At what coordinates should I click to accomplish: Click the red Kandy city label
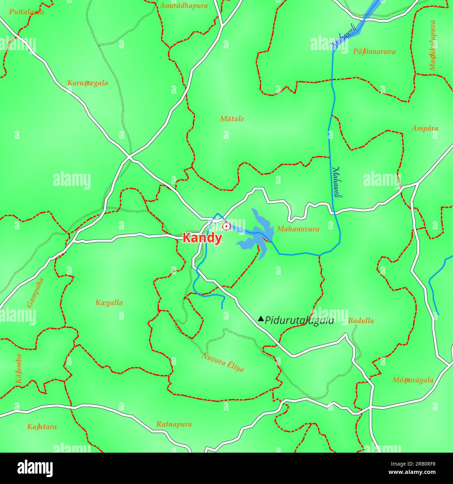pyautogui.click(x=202, y=238)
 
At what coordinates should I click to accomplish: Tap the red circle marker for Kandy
pyautogui.click(x=226, y=227)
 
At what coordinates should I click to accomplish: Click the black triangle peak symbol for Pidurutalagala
pyautogui.click(x=261, y=319)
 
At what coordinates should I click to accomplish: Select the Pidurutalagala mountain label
pyautogui.click(x=299, y=321)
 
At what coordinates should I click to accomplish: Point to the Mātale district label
pyautogui.click(x=232, y=119)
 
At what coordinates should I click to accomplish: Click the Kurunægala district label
pyautogui.click(x=87, y=83)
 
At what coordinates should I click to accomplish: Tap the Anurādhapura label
pyautogui.click(x=184, y=6)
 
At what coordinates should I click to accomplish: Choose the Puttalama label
pyautogui.click(x=26, y=12)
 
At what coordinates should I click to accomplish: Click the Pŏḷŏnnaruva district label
pyautogui.click(x=374, y=52)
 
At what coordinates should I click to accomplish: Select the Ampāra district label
pyautogui.click(x=425, y=128)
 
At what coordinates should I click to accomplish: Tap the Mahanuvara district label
pyautogui.click(x=298, y=229)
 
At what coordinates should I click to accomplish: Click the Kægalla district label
pyautogui.click(x=109, y=303)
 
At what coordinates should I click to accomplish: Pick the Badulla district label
pyautogui.click(x=361, y=321)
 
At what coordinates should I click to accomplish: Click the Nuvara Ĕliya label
pyautogui.click(x=223, y=362)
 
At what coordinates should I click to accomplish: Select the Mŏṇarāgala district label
pyautogui.click(x=413, y=380)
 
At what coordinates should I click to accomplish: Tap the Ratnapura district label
pyautogui.click(x=174, y=424)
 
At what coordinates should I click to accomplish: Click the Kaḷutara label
pyautogui.click(x=42, y=427)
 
